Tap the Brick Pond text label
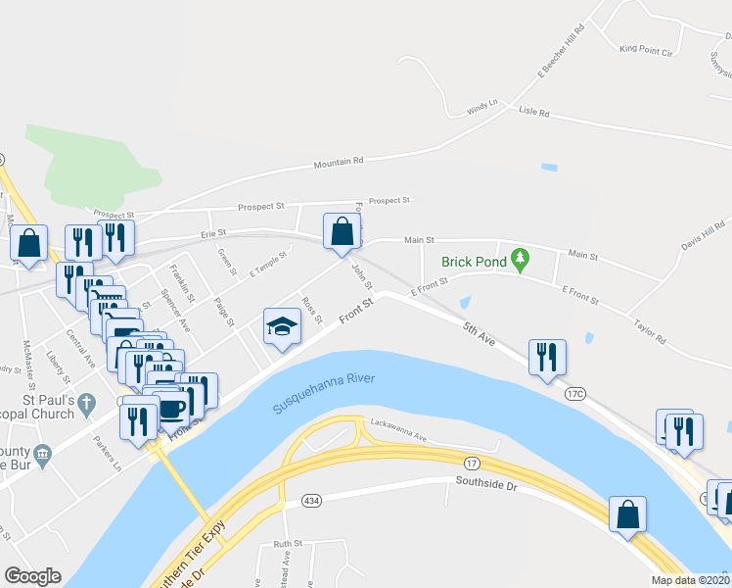474,262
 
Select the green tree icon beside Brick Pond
522,261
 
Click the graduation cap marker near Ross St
281,327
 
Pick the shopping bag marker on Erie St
343,234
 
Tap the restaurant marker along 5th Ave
546,357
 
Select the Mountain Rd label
339,163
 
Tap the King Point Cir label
648,48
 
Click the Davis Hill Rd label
704,236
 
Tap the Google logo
32,575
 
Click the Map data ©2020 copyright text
690,580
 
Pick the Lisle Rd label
534,114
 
